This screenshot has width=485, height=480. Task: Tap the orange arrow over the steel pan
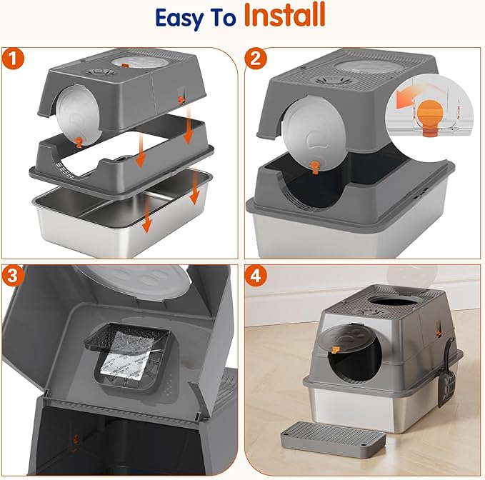[x=146, y=217]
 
